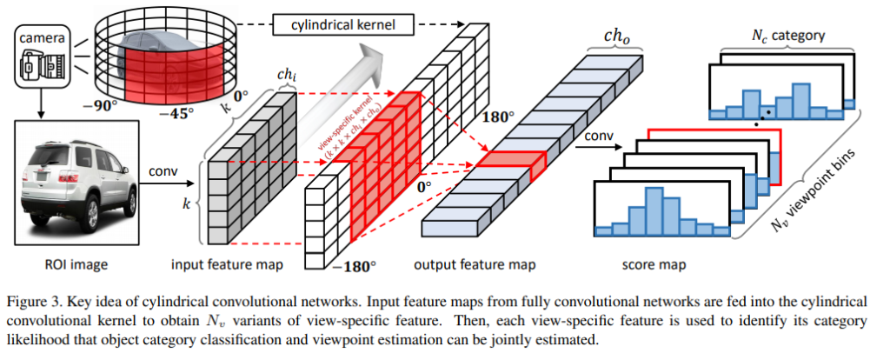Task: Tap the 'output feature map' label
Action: pos(475,263)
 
